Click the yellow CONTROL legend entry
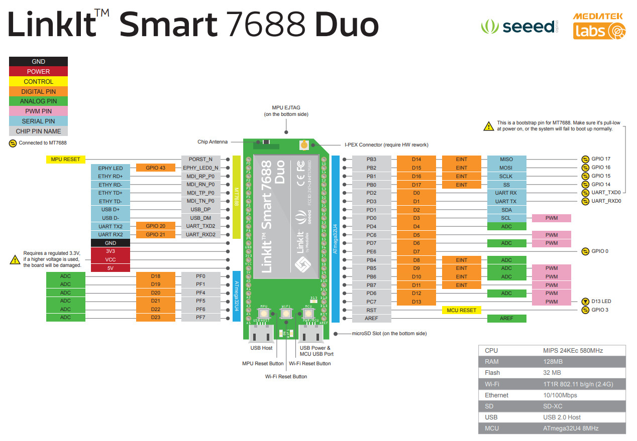tap(38, 81)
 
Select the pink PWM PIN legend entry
tap(38, 111)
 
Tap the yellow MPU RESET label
tap(65, 160)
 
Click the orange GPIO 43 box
tap(155, 168)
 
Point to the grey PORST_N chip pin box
tap(200, 160)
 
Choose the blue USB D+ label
tap(110, 210)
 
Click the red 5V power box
tap(110, 268)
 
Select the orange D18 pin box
tap(155, 276)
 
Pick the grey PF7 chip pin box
tap(200, 318)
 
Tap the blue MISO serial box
tap(506, 160)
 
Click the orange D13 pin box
tap(416, 302)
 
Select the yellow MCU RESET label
tap(461, 310)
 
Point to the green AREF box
tap(506, 319)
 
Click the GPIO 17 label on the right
tap(601, 160)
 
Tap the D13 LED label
tap(601, 302)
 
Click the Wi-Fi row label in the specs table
tap(492, 384)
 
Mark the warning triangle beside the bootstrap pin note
tap(488, 126)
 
